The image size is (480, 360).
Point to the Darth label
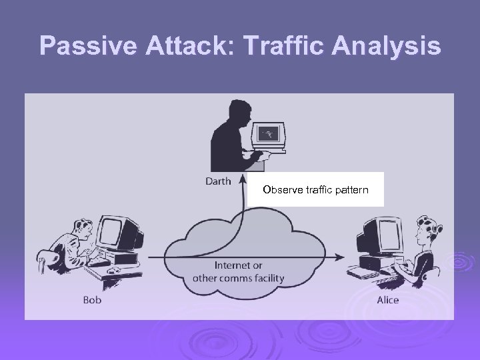pyautogui.click(x=217, y=181)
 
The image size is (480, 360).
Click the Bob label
pyautogui.click(x=92, y=300)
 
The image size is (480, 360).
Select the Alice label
pyautogui.click(x=387, y=300)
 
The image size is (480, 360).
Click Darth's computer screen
pyautogui.click(x=269, y=133)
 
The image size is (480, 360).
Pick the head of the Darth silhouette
pyautogui.click(x=237, y=113)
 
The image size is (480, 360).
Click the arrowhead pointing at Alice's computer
pyautogui.click(x=341, y=256)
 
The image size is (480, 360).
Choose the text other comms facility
pyautogui.click(x=239, y=278)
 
